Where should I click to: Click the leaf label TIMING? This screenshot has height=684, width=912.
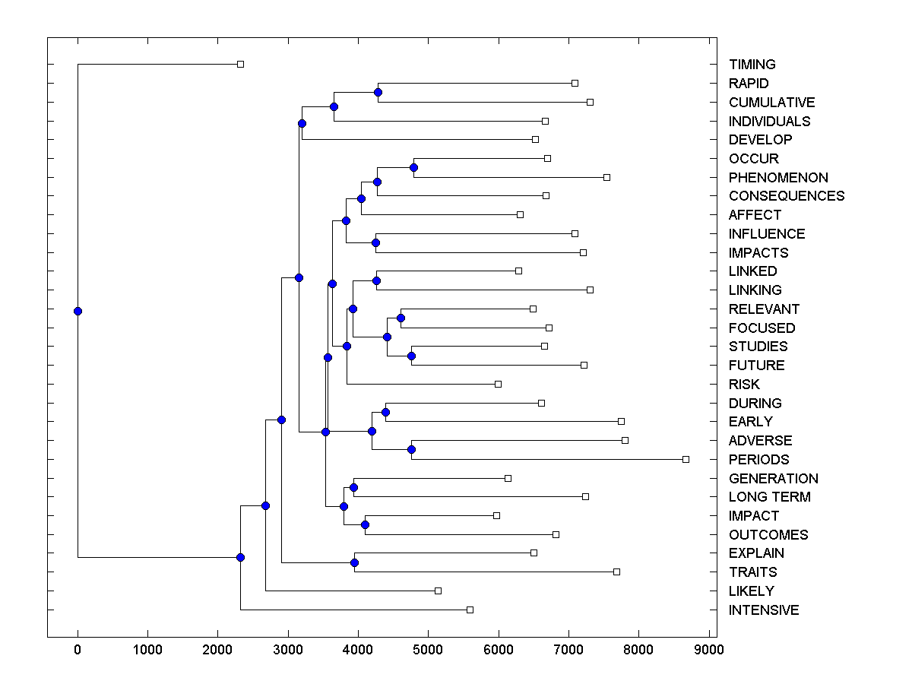coord(752,65)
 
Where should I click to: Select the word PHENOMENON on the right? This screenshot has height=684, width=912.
coord(778,178)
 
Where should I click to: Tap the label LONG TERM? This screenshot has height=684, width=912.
coord(769,497)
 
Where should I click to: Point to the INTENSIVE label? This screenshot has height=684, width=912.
coord(764,610)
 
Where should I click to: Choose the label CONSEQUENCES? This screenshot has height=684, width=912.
coord(786,196)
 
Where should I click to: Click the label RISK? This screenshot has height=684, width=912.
coord(744,385)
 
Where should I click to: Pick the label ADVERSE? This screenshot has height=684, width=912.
coord(760,441)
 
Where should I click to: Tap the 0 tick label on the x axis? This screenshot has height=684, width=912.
coord(78,649)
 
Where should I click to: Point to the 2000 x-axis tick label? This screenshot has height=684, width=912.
coord(218,649)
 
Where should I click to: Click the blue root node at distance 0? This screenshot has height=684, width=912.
coord(78,311)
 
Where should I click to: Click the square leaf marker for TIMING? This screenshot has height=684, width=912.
coord(240,64)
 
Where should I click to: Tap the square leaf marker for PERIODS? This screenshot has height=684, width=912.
coord(686,459)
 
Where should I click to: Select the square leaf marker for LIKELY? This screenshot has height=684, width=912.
coord(438,591)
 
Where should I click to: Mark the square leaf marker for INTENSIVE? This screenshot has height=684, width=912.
coord(470,610)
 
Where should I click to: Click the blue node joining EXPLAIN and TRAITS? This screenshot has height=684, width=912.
coord(354,562)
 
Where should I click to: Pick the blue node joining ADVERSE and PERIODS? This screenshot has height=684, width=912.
coord(411,449)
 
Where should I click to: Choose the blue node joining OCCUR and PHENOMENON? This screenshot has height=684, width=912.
coord(414,167)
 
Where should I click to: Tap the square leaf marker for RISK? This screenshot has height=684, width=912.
coord(498,384)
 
